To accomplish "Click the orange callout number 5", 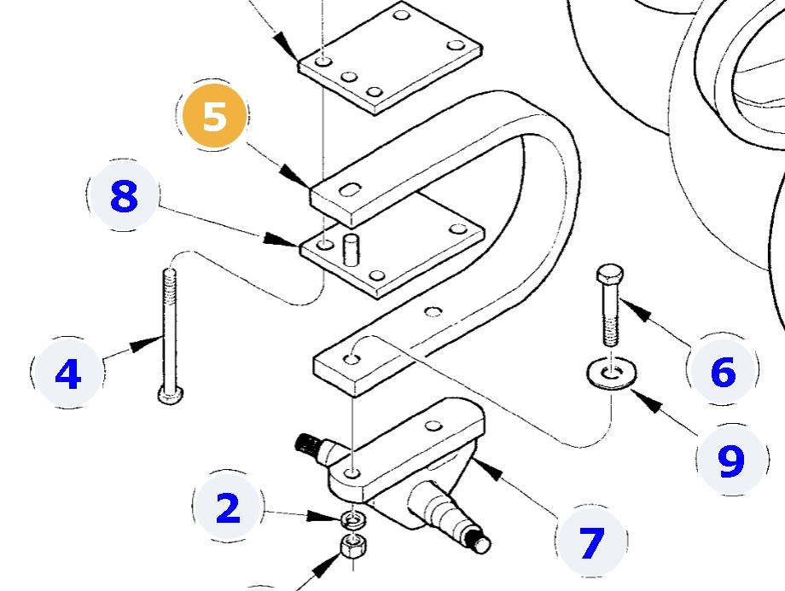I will pos(214,117).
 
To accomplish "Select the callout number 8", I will pos(124,198).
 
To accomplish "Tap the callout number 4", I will pos(67,373).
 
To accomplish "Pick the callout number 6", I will pos(722,373).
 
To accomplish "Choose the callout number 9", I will pos(730,461).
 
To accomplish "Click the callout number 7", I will pos(590,542).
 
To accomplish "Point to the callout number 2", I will pos(228,509).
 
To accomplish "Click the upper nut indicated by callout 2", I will pos(349,519).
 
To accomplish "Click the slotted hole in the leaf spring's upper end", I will pos(349,190).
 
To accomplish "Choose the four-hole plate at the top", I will pos(388,58).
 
